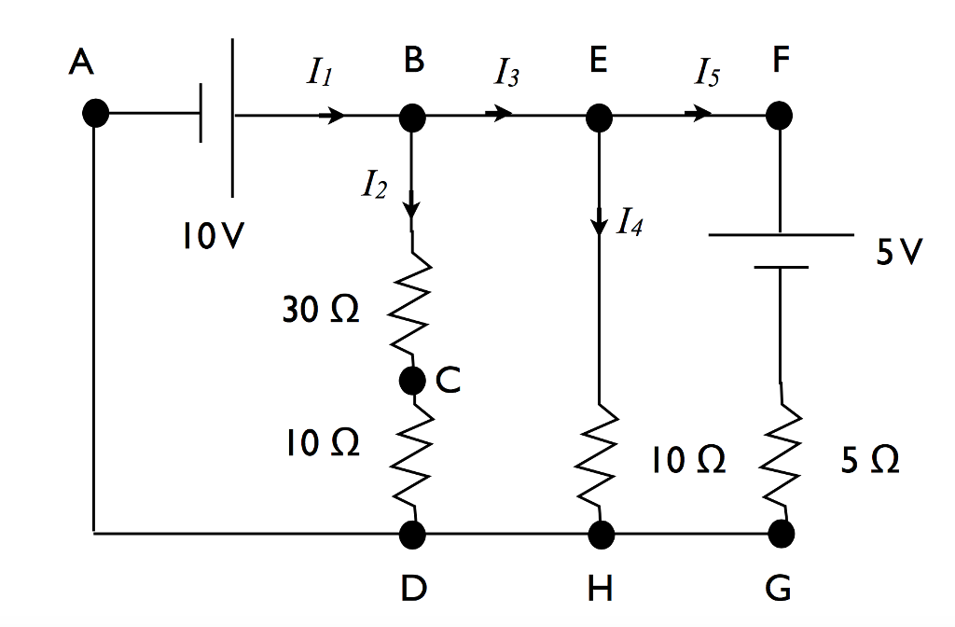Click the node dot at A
click(x=95, y=115)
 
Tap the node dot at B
click(x=412, y=117)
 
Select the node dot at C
click(x=412, y=380)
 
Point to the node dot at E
click(x=599, y=117)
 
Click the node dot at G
click(x=781, y=534)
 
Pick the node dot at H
click(x=600, y=534)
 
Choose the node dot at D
click(x=412, y=534)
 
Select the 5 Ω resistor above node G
click(x=782, y=457)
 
